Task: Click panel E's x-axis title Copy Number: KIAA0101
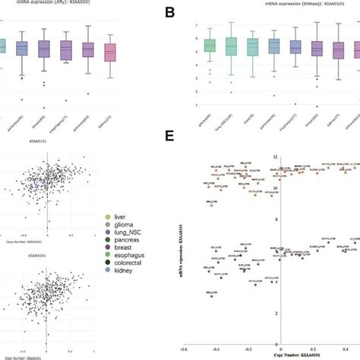[283, 355]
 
